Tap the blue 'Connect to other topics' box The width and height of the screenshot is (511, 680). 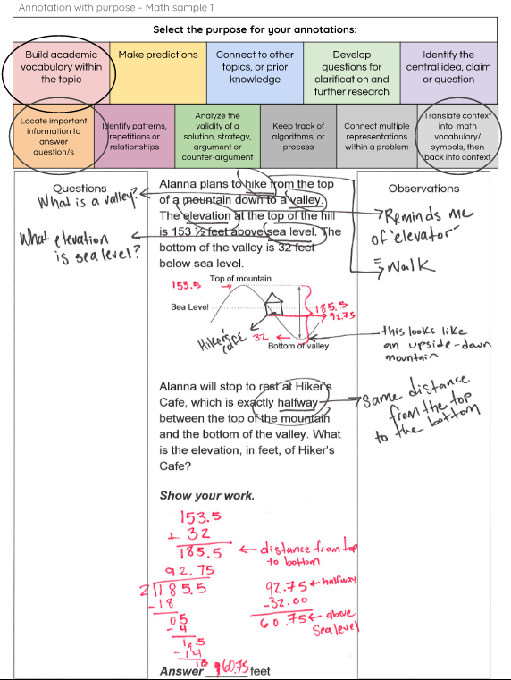click(x=255, y=67)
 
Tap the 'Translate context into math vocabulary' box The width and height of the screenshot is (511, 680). click(x=457, y=137)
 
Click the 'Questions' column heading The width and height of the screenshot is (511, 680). click(x=80, y=189)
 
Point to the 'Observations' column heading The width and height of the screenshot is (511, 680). click(x=423, y=189)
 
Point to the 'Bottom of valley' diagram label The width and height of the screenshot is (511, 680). click(x=298, y=346)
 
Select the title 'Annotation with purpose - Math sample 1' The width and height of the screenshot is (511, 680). click(x=116, y=7)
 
